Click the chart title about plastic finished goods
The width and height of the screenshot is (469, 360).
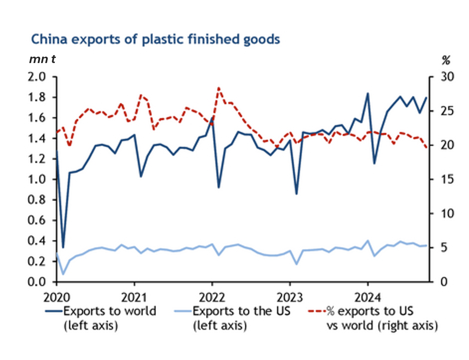(155, 39)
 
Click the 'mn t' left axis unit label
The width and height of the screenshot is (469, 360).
(42, 59)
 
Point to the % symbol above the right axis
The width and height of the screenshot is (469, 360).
(446, 60)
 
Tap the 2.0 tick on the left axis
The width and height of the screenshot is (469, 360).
(37, 77)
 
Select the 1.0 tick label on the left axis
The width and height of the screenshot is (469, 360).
(37, 179)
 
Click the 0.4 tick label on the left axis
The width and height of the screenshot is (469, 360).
(37, 241)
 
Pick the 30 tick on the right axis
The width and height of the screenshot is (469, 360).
(447, 77)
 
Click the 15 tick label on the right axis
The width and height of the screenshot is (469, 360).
(447, 179)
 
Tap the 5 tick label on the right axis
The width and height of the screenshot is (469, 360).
(444, 248)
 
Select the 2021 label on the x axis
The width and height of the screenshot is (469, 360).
(134, 298)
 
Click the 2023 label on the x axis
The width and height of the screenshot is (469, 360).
(290, 298)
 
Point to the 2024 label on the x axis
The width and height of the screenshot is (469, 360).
(367, 298)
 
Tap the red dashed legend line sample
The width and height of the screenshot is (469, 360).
(317, 311)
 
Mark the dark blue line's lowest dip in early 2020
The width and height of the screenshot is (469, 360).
(63, 248)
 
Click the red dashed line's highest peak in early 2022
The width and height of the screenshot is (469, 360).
(219, 88)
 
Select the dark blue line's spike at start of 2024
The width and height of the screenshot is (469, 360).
(368, 93)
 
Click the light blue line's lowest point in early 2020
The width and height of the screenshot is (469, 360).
(63, 274)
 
